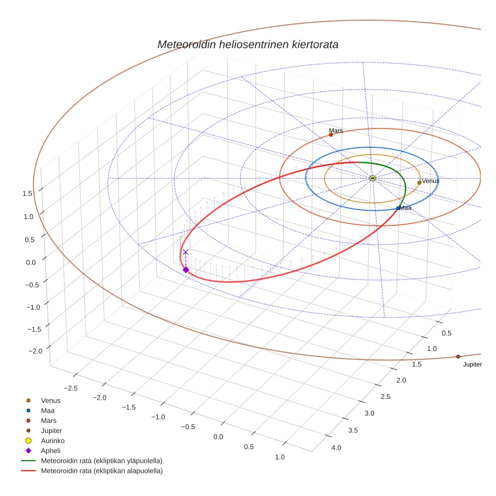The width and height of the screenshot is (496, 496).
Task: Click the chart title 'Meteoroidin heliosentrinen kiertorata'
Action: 247,44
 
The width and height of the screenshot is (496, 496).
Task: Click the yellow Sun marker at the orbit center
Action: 372,178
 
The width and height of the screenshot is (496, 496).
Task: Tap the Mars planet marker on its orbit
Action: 331,135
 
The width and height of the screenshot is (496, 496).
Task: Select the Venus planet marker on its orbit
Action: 419,182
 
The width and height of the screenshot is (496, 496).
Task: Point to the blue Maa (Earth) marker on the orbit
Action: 398,208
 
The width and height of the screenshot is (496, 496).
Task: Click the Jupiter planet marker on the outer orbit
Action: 458,356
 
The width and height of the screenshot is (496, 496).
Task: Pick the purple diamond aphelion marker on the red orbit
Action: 185,270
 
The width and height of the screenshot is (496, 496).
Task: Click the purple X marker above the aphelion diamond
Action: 185,252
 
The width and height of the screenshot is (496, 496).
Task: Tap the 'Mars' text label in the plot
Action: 336,131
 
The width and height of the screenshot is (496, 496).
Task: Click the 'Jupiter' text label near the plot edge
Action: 472,364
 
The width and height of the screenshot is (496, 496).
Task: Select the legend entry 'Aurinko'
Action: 52,441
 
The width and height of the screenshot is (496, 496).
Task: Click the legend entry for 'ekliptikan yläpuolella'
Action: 101,461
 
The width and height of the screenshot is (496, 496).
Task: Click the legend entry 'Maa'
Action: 47,410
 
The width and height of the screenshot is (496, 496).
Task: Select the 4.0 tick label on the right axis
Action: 336,448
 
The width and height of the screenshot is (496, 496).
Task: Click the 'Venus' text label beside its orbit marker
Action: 430,180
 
